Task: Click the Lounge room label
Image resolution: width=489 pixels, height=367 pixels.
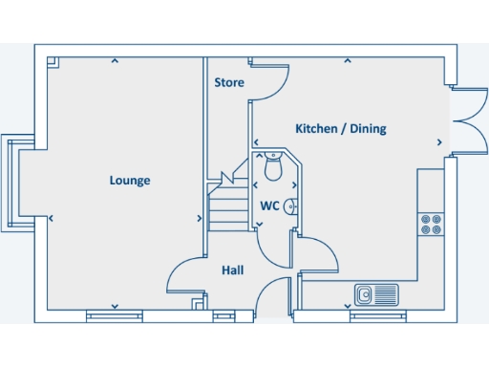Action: [x=130, y=180]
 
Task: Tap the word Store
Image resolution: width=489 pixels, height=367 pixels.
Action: [x=228, y=83]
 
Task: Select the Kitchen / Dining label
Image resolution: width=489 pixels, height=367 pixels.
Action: [x=341, y=129]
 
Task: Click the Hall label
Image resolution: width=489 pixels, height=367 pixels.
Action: [x=232, y=270]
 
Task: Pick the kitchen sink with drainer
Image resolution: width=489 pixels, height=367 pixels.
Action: [x=374, y=294]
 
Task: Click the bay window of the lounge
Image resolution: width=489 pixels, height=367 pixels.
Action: [x=15, y=182]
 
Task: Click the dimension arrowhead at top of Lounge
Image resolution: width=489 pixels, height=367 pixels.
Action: [x=115, y=62]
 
